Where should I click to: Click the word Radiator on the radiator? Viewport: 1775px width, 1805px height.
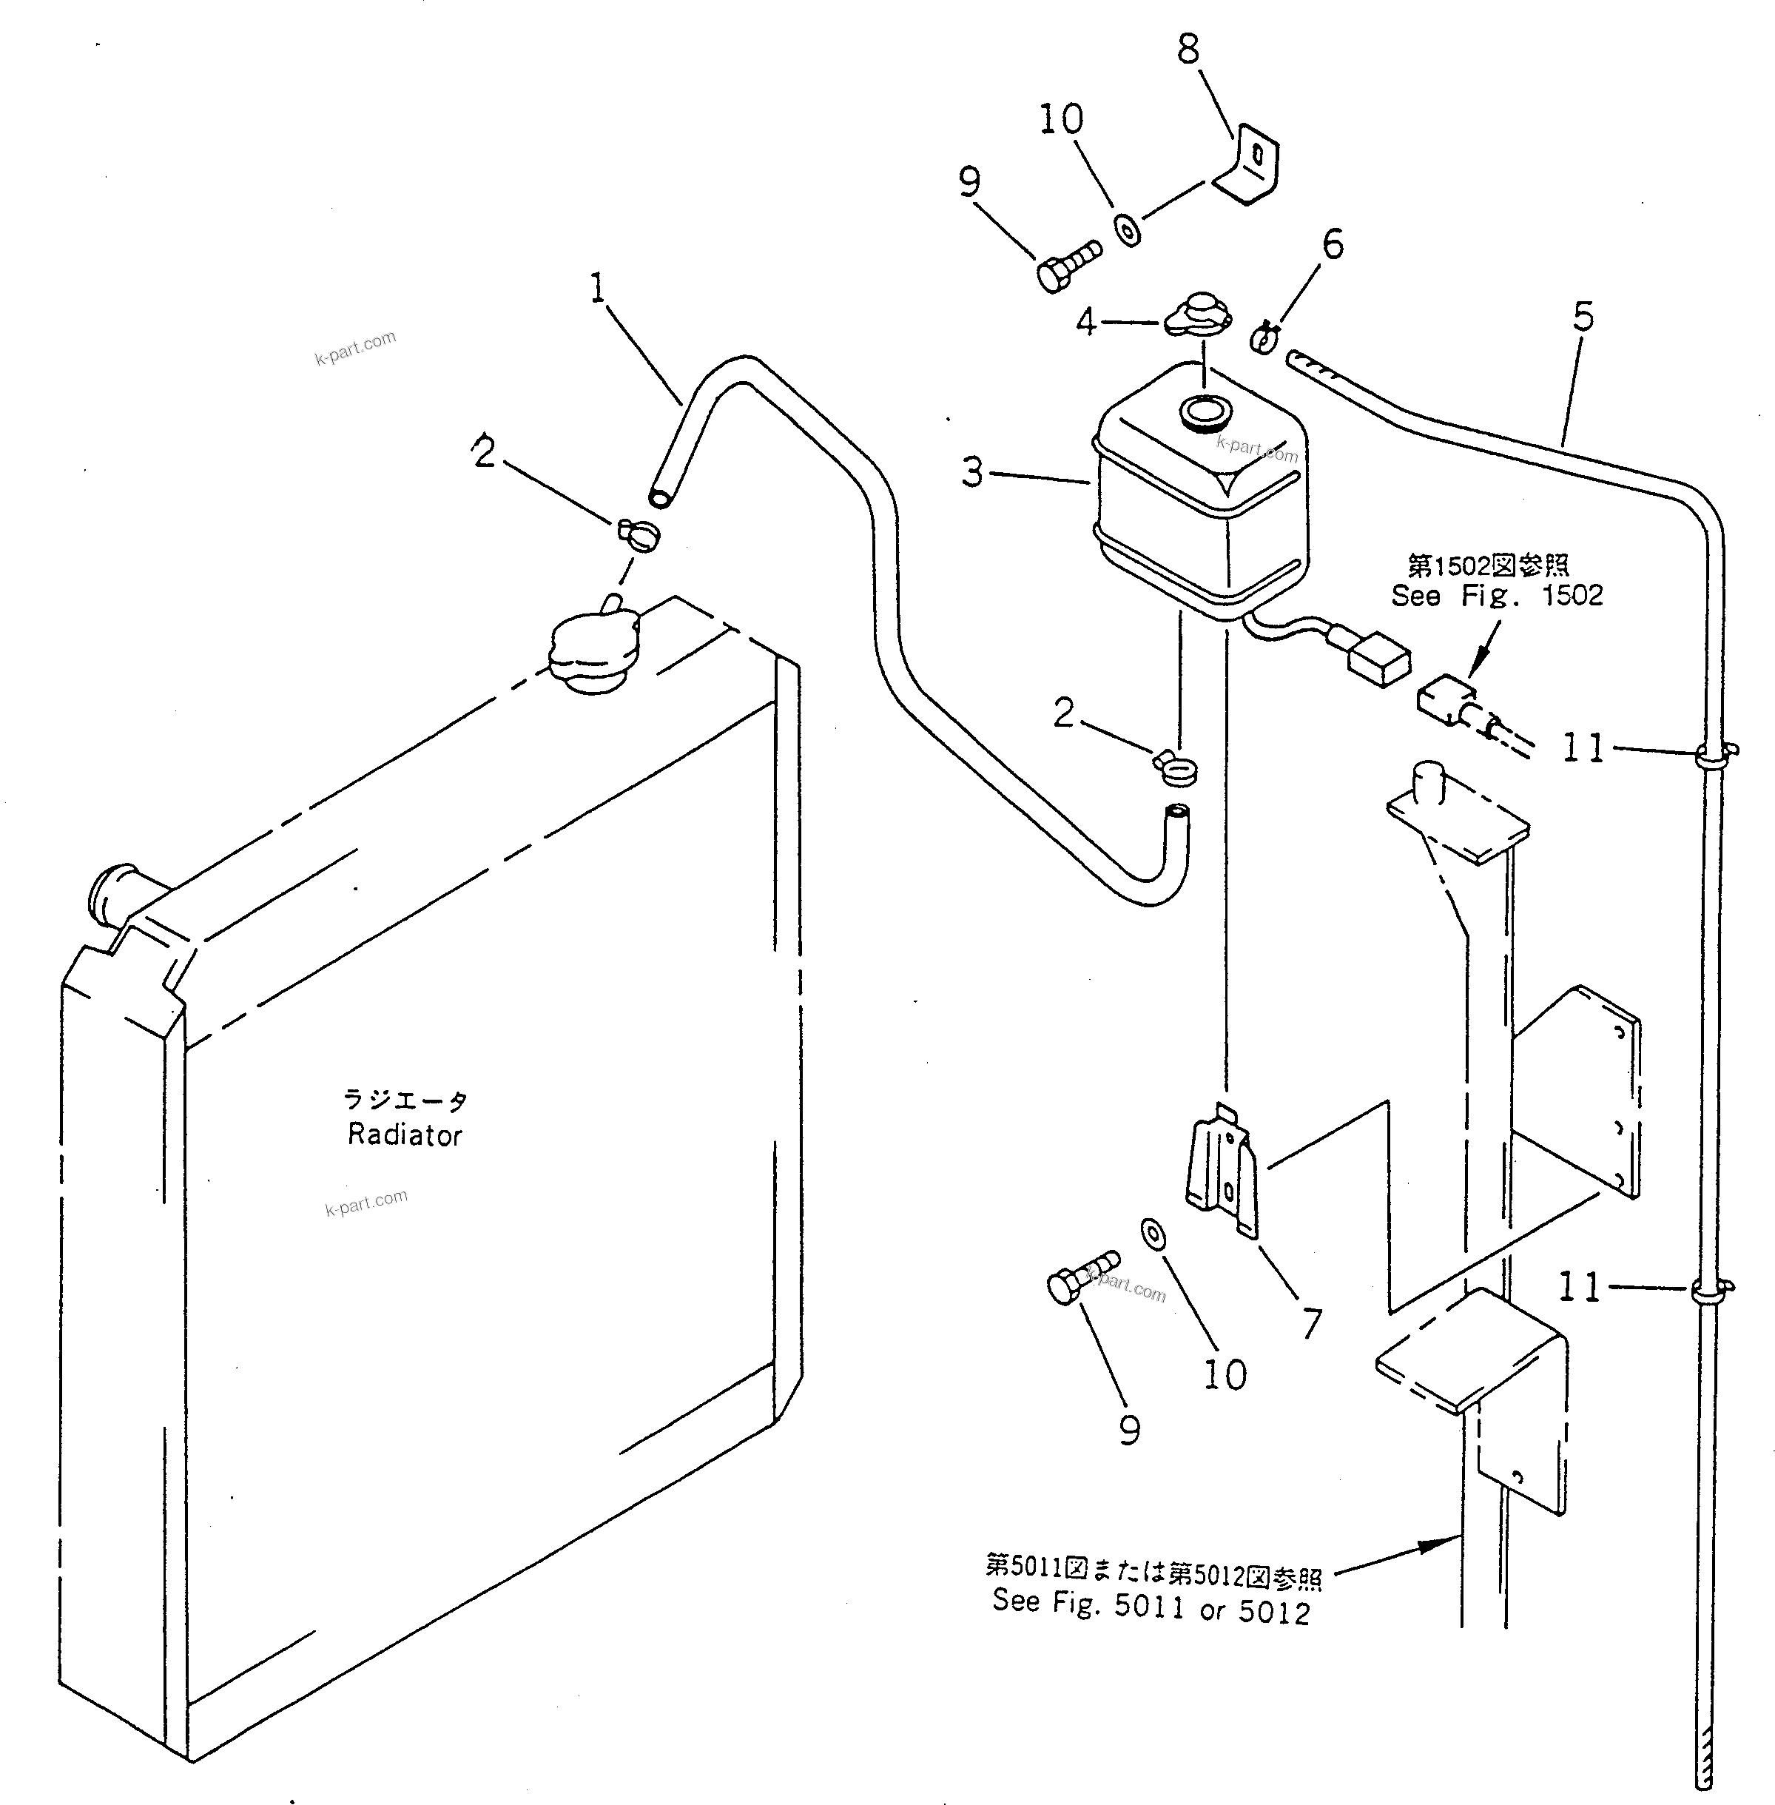[405, 1135]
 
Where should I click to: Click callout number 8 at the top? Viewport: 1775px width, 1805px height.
[1188, 50]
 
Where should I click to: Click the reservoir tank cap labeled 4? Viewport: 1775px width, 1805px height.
[1198, 315]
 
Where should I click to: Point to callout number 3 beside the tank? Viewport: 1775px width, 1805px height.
[972, 473]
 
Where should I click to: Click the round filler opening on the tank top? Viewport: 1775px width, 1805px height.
[1205, 411]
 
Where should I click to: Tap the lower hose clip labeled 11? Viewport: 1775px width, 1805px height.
[1710, 1291]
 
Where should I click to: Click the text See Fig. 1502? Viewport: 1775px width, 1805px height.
[1496, 596]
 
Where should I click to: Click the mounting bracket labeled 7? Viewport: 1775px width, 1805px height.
[1222, 1172]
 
